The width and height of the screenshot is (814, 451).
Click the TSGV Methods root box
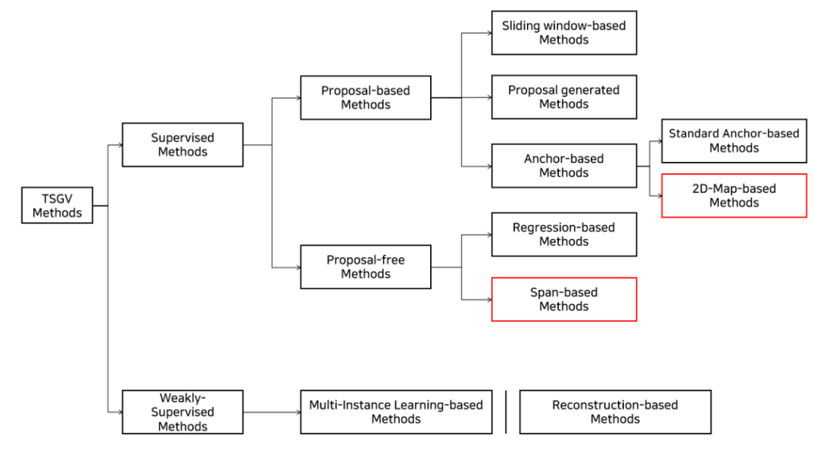coord(56,206)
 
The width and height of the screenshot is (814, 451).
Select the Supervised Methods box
coord(182,145)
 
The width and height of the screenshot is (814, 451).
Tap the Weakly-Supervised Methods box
coord(182,412)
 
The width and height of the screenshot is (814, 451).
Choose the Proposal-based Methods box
coord(365,98)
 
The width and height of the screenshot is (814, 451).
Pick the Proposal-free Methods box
coord(365,267)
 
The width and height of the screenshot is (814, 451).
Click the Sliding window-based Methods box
coord(564,33)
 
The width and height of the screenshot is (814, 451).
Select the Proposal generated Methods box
coord(564,98)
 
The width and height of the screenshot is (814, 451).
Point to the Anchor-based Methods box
coord(564,166)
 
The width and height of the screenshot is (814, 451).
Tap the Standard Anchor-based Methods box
coord(734,141)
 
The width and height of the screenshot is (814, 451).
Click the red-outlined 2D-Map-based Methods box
coord(734,195)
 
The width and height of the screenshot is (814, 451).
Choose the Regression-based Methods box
coord(564,234)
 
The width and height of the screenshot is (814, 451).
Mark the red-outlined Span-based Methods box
coord(564,299)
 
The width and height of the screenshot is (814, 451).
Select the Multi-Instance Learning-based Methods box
coord(396,412)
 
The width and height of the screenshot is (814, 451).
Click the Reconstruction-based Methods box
coord(614,412)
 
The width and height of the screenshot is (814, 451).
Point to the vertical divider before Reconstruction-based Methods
coord(506,412)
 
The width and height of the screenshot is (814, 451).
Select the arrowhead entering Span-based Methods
coord(487,299)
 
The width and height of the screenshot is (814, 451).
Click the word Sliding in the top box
coord(521,26)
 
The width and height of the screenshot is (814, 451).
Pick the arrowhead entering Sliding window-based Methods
coord(487,33)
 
